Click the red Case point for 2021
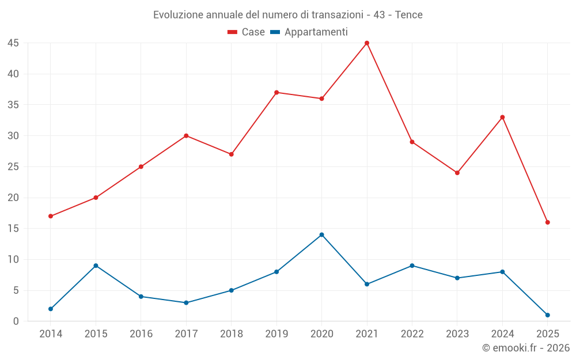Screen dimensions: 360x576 click(x=367, y=43)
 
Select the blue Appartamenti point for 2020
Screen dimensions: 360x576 click(x=322, y=234)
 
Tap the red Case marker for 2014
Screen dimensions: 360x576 click(x=51, y=216)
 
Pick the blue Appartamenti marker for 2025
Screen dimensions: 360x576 click(x=548, y=315)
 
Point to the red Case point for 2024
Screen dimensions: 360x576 click(x=502, y=117)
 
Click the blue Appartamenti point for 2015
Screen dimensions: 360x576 click(x=96, y=266)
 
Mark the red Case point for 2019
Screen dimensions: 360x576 click(x=276, y=92)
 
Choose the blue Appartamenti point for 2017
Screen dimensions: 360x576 click(x=186, y=302)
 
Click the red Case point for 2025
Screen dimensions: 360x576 click(x=548, y=222)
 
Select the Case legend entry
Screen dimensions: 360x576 click(x=247, y=32)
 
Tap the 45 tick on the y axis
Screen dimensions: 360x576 click(x=13, y=43)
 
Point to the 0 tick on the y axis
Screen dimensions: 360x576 click(x=16, y=321)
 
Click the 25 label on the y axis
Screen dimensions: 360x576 click(x=13, y=167)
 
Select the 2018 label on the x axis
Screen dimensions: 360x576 click(x=231, y=334)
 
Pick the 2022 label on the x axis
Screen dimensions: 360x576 click(x=412, y=334)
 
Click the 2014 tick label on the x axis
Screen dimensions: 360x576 click(x=51, y=334)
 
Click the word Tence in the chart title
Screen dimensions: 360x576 click(x=409, y=15)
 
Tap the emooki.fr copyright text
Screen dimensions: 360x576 click(x=526, y=348)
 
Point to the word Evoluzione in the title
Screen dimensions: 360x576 click(x=176, y=15)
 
